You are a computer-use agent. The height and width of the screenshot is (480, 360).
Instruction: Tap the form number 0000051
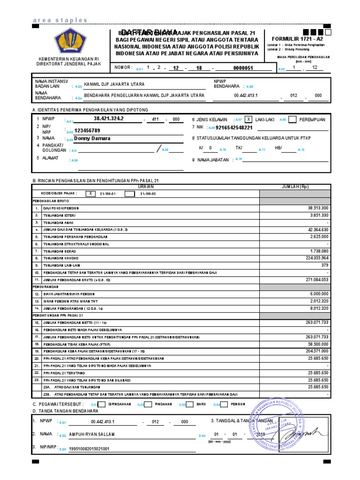[x=243, y=68]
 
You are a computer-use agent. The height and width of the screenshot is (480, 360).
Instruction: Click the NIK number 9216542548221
[x=234, y=127]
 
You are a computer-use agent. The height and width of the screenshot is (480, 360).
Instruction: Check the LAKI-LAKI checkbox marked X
[x=248, y=120]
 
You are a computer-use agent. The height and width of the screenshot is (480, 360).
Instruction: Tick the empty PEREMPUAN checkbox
[x=292, y=120]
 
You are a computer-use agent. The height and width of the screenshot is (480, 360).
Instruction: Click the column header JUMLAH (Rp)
[x=295, y=186]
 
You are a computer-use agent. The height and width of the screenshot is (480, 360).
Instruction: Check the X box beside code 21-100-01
[x=91, y=194]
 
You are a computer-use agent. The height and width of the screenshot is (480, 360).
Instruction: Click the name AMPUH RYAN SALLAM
[x=91, y=435]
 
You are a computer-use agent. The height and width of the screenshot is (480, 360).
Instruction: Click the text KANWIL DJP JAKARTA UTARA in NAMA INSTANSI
[x=114, y=84]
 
